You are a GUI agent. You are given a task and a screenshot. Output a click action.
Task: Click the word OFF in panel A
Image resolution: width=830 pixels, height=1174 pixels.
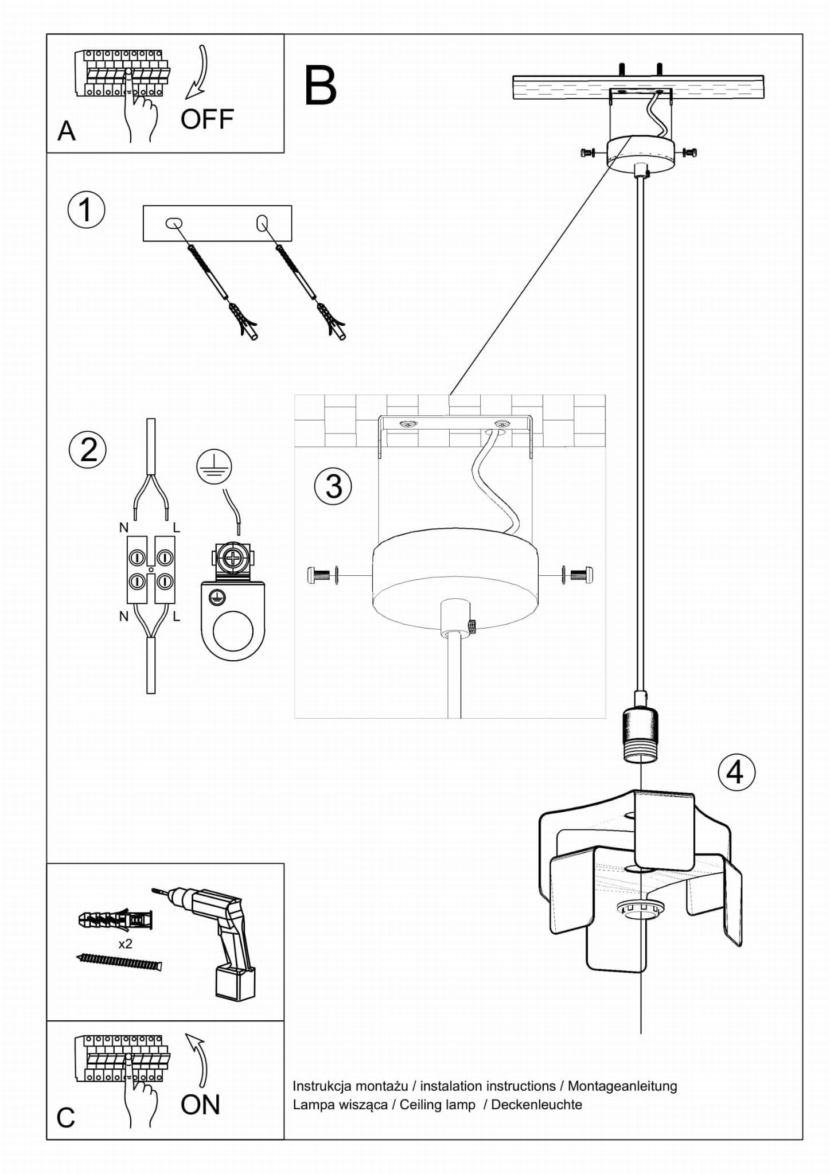click(x=207, y=119)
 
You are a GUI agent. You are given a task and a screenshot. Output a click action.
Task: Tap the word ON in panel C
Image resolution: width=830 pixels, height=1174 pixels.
click(x=200, y=1105)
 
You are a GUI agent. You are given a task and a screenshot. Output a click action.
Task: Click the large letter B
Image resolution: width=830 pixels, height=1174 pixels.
click(x=320, y=86)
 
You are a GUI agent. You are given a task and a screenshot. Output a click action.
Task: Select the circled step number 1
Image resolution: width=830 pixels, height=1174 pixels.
click(x=86, y=210)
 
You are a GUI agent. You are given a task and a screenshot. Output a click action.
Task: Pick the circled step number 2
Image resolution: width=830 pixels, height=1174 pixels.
click(x=88, y=450)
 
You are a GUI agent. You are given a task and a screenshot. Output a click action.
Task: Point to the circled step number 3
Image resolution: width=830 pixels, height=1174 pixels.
click(x=333, y=486)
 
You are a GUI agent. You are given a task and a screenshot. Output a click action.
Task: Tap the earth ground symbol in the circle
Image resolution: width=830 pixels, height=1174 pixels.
click(x=213, y=467)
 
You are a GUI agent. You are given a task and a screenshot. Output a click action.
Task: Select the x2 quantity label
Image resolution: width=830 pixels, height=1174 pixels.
click(x=125, y=944)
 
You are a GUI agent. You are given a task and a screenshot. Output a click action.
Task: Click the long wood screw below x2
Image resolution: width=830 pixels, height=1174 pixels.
click(x=119, y=961)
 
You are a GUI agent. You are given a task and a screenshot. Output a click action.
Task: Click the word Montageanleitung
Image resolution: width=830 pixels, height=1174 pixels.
click(x=622, y=1086)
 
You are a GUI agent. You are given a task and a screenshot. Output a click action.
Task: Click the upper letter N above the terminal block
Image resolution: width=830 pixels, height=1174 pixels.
click(x=123, y=527)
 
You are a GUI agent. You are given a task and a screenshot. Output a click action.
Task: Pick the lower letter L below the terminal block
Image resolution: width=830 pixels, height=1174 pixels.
click(x=176, y=617)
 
